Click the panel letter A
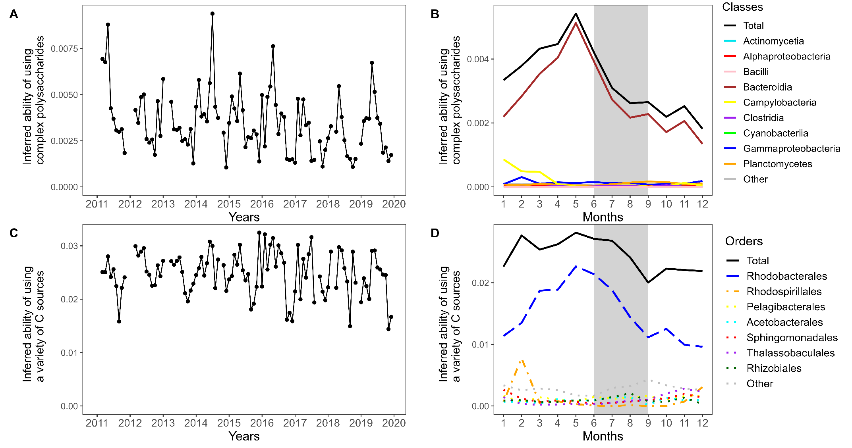click(14, 14)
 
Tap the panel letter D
click(435, 233)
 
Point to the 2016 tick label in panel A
click(262, 204)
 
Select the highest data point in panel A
click(213, 13)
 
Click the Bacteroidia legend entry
click(767, 87)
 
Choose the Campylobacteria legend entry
click(779, 103)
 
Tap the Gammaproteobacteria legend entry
click(791, 149)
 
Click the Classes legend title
click(742, 7)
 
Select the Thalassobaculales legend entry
click(790, 353)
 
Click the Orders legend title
click(744, 241)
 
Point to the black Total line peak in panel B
click(576, 13)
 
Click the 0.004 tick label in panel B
click(478, 59)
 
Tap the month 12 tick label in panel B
click(702, 204)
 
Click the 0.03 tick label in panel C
click(69, 246)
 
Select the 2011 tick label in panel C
click(97, 423)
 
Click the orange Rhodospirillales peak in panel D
click(522, 361)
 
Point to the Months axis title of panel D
click(603, 436)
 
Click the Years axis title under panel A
click(244, 217)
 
